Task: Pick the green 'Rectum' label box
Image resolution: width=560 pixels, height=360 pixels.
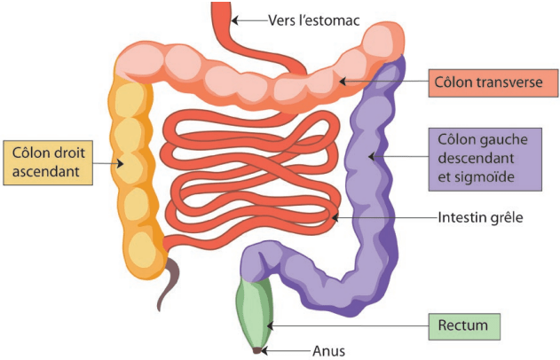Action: click(x=463, y=326)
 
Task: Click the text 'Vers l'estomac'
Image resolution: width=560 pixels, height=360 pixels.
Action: click(x=314, y=18)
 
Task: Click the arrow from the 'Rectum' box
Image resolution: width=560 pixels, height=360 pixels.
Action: click(x=346, y=326)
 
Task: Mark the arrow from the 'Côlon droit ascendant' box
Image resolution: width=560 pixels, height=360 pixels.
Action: click(x=107, y=161)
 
